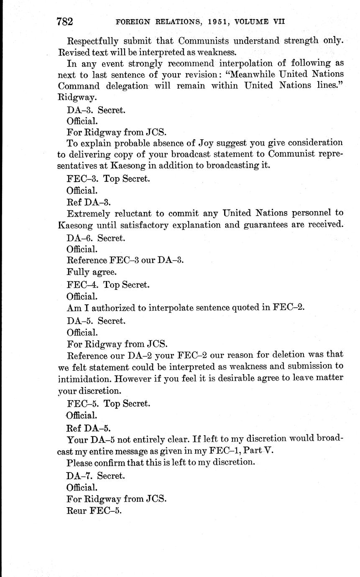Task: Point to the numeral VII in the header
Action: pyautogui.click(x=278, y=21)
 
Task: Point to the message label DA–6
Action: pyautogui.click(x=80, y=238)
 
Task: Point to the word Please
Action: pyautogui.click(x=80, y=462)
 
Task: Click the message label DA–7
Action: pyautogui.click(x=80, y=475)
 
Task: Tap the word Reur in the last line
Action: pyautogui.click(x=77, y=511)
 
